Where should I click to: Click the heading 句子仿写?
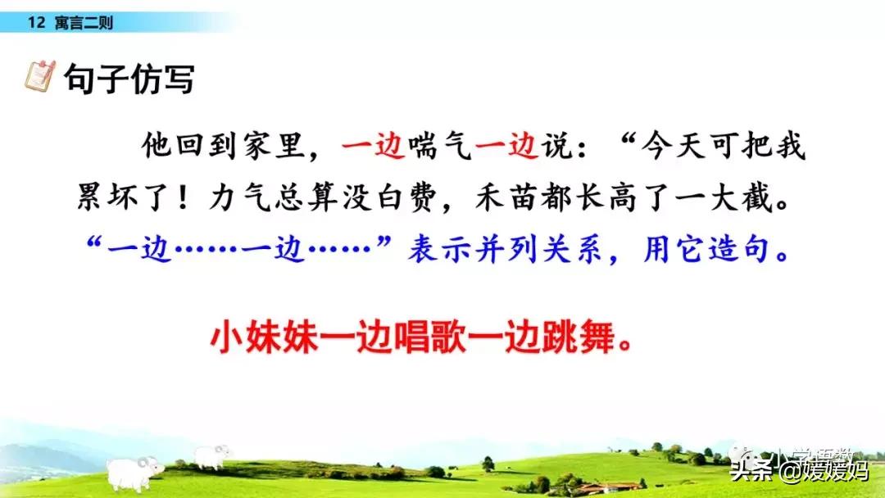pos(129,79)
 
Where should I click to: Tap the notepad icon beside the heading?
pos(40,76)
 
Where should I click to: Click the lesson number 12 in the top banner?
pos(36,23)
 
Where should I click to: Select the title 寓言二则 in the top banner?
pos(84,23)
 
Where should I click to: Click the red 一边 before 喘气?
pos(374,146)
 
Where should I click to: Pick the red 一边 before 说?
pos(507,146)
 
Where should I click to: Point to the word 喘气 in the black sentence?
pos(440,146)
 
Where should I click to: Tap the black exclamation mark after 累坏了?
pos(182,198)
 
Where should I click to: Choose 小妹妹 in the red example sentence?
pos(264,337)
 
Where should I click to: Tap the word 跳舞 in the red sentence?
pos(578,337)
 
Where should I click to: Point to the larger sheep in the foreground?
pos(134,473)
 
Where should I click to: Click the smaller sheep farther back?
pos(212,456)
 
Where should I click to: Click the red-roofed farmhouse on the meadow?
pos(612,487)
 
